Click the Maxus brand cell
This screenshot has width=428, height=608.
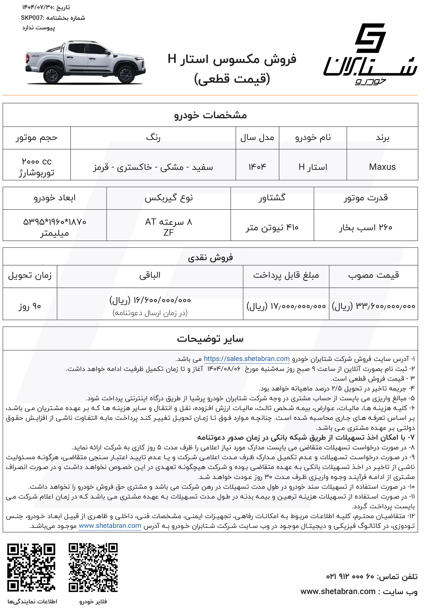click(382, 167)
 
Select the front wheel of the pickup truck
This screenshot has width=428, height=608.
click(126, 75)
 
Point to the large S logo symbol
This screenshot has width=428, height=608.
click(370, 38)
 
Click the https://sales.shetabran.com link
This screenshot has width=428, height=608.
click(247, 359)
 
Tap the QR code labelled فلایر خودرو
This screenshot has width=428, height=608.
click(93, 567)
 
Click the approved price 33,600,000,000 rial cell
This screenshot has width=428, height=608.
click(373, 306)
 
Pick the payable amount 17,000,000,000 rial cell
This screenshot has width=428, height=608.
click(286, 306)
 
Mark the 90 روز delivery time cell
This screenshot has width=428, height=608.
click(30, 306)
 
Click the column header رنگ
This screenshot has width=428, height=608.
click(153, 138)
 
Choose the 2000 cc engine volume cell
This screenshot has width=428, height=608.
click(37, 167)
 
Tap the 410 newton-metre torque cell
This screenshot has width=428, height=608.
click(272, 228)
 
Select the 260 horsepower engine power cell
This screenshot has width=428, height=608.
click(366, 228)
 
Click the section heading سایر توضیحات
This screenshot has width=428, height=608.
click(210, 339)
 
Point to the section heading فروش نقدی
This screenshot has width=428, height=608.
click(210, 257)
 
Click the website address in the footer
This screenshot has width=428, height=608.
click(338, 591)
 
